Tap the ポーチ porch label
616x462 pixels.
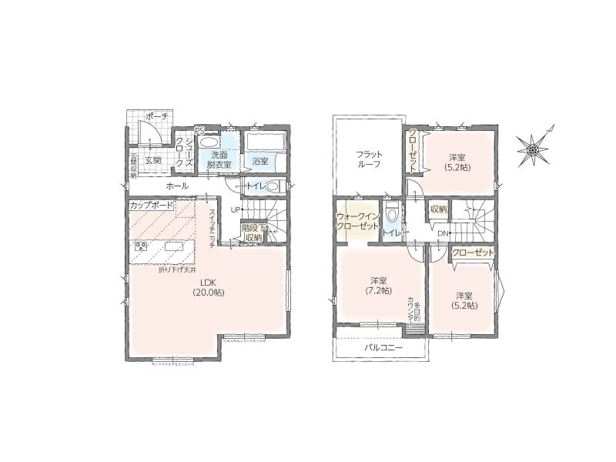pyautogui.click(x=157, y=116)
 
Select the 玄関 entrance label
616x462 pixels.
pyautogui.click(x=153, y=160)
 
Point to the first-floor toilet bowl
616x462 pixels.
pyautogui.click(x=276, y=186)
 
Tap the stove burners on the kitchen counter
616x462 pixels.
pyautogui.click(x=141, y=246)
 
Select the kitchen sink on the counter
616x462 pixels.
pyautogui.click(x=174, y=246)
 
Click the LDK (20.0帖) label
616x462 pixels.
pyautogui.click(x=208, y=287)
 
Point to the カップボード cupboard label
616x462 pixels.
pyautogui.click(x=151, y=205)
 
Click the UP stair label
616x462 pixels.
pyautogui.click(x=235, y=209)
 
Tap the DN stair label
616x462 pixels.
pyautogui.click(x=444, y=233)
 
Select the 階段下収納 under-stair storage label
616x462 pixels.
pyautogui.click(x=253, y=233)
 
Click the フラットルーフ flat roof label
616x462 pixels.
pyautogui.click(x=370, y=159)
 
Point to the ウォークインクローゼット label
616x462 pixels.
pyautogui.click(x=357, y=221)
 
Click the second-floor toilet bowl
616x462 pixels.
pyautogui.click(x=392, y=215)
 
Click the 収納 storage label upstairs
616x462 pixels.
pyautogui.click(x=438, y=209)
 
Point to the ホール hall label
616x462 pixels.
pyautogui.click(x=177, y=186)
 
